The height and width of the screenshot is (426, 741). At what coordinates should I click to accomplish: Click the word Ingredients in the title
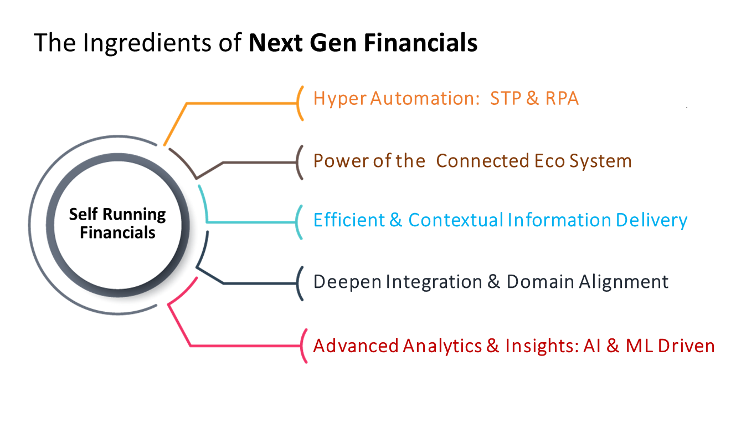(x=147, y=43)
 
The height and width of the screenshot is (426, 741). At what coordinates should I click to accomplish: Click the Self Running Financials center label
(x=117, y=223)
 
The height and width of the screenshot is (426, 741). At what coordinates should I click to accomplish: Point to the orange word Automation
(x=425, y=98)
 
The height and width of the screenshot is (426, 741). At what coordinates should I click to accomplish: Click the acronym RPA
(x=562, y=98)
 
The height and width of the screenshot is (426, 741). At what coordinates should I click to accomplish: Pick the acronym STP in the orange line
(x=506, y=98)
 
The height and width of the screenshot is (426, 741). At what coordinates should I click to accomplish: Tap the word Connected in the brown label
(x=483, y=161)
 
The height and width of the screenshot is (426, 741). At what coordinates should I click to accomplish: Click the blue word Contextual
(x=456, y=220)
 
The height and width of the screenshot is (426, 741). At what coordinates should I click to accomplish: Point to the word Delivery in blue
(x=651, y=221)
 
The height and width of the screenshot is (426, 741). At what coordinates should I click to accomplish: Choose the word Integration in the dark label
(x=434, y=282)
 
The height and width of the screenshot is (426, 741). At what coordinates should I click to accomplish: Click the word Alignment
(x=624, y=282)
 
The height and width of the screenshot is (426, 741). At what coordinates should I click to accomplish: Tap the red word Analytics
(x=442, y=347)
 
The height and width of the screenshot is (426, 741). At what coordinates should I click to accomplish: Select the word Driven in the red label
(x=686, y=346)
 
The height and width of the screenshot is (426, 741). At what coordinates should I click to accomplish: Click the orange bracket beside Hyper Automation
(x=299, y=103)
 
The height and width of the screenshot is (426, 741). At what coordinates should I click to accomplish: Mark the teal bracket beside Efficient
(x=298, y=222)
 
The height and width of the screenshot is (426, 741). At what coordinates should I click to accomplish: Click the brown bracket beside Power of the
(x=298, y=163)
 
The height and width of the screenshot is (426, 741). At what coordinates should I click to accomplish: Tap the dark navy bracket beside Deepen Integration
(x=298, y=283)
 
